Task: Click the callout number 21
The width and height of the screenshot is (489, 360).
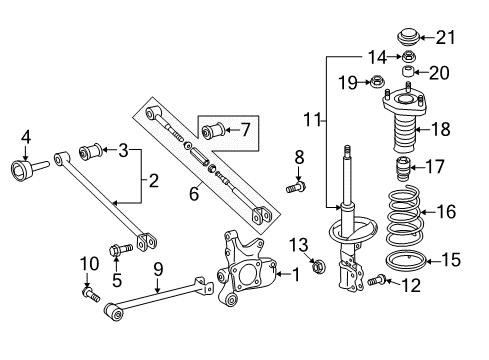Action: pos(447,38)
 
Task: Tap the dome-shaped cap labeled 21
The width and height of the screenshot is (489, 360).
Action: pos(407,39)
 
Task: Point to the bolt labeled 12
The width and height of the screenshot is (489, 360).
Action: pos(378,282)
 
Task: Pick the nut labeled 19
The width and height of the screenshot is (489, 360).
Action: pos(378,82)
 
